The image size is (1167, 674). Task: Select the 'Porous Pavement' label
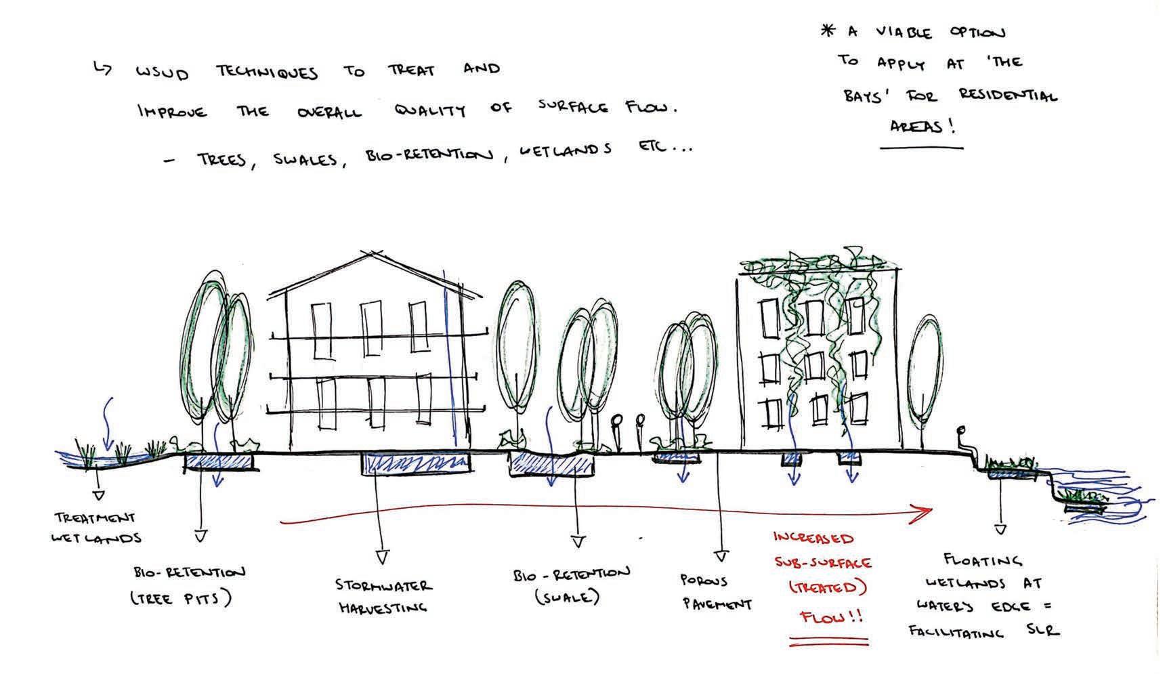tap(716, 592)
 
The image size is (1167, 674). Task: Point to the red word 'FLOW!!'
tap(831, 618)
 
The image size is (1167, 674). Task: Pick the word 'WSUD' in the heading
tap(163, 73)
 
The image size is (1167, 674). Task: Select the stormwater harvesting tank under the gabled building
tap(416, 464)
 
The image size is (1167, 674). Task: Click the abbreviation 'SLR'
tap(1042, 631)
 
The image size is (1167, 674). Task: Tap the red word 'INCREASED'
tap(813, 539)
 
